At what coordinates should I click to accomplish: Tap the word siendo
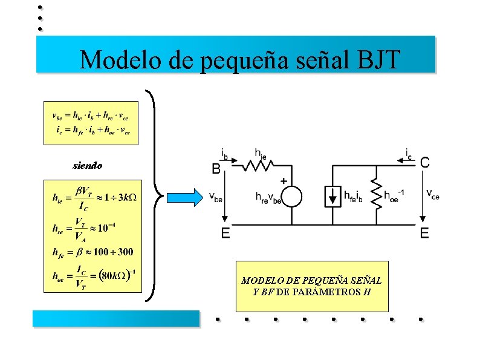(88, 165)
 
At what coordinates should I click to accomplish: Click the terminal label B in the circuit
(215, 169)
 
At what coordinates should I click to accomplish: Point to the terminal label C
(425, 162)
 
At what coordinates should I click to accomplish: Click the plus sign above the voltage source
(284, 180)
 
